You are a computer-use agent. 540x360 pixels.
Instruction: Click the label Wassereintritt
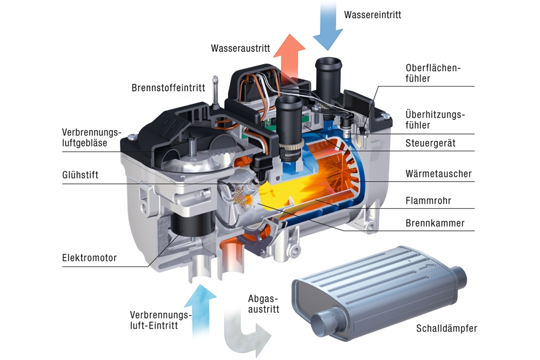coord(372,15)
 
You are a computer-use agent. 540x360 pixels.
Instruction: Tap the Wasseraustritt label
coord(240,48)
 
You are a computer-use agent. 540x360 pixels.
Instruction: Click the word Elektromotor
coord(89,258)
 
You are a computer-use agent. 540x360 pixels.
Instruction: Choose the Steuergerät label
coord(431,143)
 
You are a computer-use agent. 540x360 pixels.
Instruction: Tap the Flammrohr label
coord(428,201)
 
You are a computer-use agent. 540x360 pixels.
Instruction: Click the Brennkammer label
coord(435,223)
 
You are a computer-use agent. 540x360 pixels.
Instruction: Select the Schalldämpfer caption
coord(446,329)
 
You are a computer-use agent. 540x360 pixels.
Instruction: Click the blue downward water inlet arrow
coord(328,24)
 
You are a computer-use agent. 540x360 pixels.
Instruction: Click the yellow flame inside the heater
coord(281,195)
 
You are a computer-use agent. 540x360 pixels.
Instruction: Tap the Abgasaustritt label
coord(263,304)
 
